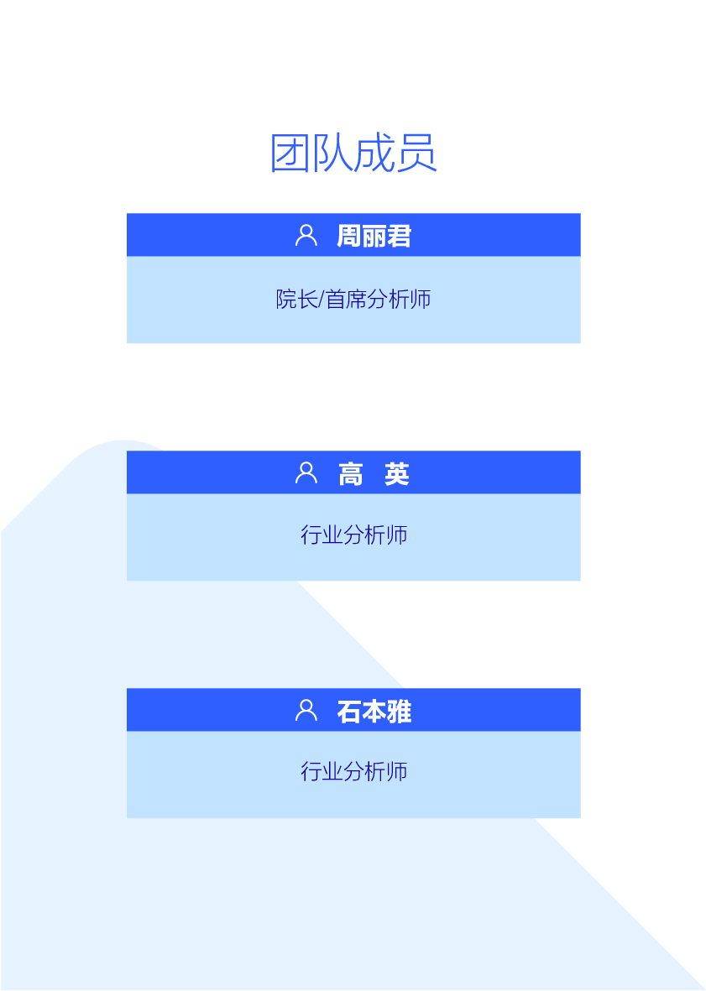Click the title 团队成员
(x=353, y=154)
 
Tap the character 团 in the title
(x=290, y=154)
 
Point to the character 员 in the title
(x=416, y=154)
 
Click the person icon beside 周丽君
(x=306, y=235)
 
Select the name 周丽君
(x=374, y=236)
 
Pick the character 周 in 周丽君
(x=348, y=236)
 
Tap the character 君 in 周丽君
(x=399, y=236)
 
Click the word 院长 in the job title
(x=296, y=299)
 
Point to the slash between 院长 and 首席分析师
(x=322, y=299)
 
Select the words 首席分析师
(x=379, y=299)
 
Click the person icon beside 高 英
(x=306, y=473)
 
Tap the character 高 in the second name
(x=350, y=474)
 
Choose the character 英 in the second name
(x=397, y=474)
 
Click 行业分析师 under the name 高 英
(x=353, y=535)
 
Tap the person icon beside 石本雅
(x=306, y=711)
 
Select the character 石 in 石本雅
(x=348, y=712)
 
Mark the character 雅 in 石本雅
(x=399, y=712)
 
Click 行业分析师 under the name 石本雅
(x=353, y=771)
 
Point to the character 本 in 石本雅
(x=374, y=712)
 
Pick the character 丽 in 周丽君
(x=374, y=236)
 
